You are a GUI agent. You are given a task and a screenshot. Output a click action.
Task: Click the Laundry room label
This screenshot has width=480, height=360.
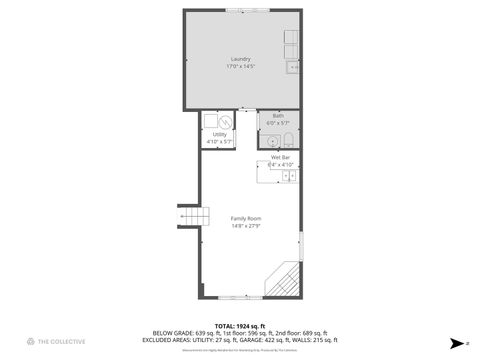240,58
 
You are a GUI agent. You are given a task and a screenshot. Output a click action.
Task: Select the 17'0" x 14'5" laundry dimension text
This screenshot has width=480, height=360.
240,66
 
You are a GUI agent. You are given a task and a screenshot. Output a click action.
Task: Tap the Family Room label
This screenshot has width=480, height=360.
246,218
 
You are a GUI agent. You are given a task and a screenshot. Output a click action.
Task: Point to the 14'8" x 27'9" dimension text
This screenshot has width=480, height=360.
246,226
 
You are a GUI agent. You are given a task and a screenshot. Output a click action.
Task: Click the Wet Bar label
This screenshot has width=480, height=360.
280,157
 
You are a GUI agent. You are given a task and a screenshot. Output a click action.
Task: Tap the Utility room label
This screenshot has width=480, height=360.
219,134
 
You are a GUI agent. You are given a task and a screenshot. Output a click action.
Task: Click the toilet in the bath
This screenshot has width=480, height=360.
287,139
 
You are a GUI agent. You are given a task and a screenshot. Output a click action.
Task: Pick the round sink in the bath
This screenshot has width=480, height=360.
269,140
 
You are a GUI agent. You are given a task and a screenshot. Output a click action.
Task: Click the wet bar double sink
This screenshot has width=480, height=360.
288,176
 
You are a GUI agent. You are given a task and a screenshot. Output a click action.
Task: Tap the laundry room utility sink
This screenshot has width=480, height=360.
292,67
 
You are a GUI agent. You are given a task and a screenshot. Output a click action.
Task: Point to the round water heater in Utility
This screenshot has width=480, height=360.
227,122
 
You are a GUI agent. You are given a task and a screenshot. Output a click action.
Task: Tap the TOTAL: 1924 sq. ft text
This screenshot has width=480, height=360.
240,326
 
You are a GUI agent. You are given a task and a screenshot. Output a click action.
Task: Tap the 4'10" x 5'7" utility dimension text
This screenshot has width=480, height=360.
219,142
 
